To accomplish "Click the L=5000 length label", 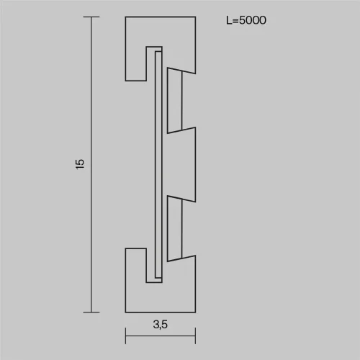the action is pos(246,20).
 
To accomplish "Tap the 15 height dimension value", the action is pos(80,164).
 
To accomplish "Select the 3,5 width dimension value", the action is pos(161,325).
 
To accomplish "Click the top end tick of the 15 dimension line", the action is pos(91,17).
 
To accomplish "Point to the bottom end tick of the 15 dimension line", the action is pos(91,312).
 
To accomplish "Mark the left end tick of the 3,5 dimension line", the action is pos(125,336).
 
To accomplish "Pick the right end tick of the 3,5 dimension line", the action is pos(196,336).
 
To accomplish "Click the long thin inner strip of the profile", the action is pos(158,165).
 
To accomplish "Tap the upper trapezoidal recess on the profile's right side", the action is pos(174,100).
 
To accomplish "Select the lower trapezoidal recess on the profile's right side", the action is pos(174,229).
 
